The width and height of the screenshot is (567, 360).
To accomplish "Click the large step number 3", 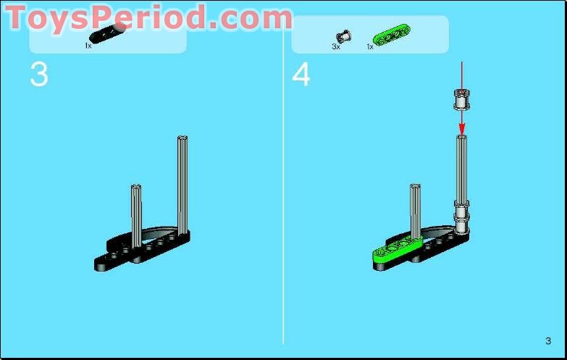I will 39,75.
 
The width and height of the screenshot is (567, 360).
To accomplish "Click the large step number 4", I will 301,75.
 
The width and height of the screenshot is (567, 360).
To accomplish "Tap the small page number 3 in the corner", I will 548,341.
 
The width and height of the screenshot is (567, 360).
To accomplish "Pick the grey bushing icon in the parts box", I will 343,35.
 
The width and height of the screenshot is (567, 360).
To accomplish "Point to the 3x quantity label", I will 336,46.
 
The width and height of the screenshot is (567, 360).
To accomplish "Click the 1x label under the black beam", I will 88,46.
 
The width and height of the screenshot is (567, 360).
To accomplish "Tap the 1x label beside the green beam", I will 370,46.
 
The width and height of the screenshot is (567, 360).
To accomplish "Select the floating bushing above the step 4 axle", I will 460,98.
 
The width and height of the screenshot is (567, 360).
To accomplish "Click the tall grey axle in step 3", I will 182,181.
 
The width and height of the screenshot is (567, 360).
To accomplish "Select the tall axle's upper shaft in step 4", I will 461,167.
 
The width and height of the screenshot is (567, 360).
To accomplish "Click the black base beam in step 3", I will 145,250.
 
